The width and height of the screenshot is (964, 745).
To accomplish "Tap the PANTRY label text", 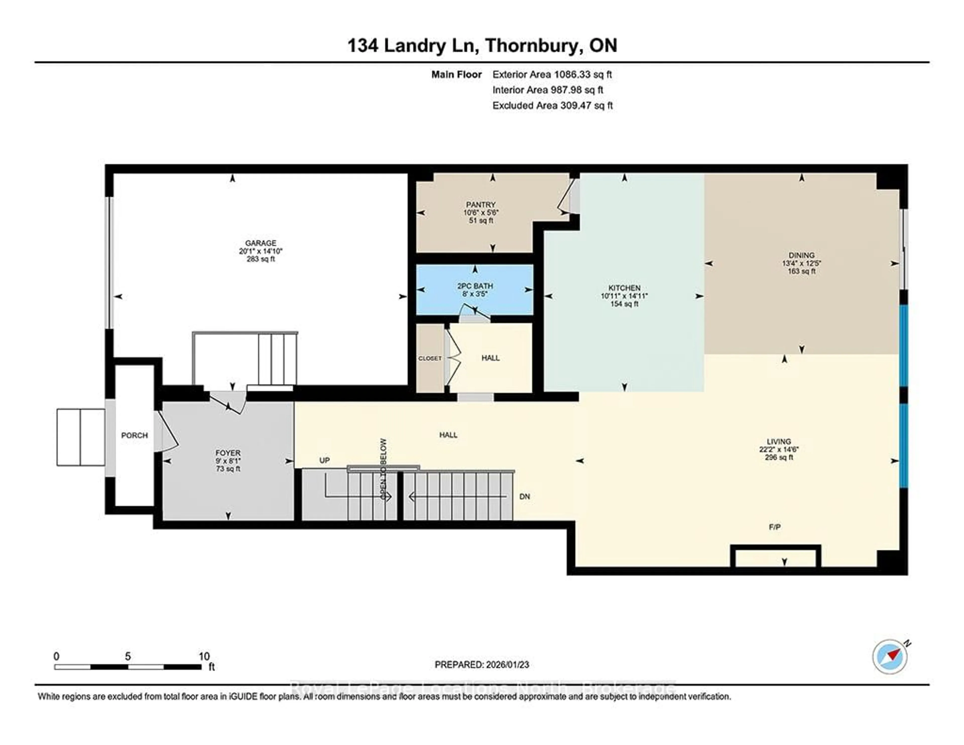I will tap(481, 204).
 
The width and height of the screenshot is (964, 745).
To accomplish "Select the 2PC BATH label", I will tap(475, 286).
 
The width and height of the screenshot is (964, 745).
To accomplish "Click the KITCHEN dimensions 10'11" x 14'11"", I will tap(624, 296).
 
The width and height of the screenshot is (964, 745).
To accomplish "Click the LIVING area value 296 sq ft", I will tap(779, 457).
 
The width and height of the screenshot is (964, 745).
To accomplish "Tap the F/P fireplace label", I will tap(775, 527).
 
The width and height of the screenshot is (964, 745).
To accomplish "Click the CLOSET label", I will tap(430, 358).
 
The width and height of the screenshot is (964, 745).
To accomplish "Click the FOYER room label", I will tap(228, 453).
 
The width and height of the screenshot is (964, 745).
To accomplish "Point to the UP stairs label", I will tap(324, 460).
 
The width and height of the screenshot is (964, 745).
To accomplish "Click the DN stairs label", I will tap(524, 496).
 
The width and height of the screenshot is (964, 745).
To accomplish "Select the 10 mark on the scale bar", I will tap(204, 656).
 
